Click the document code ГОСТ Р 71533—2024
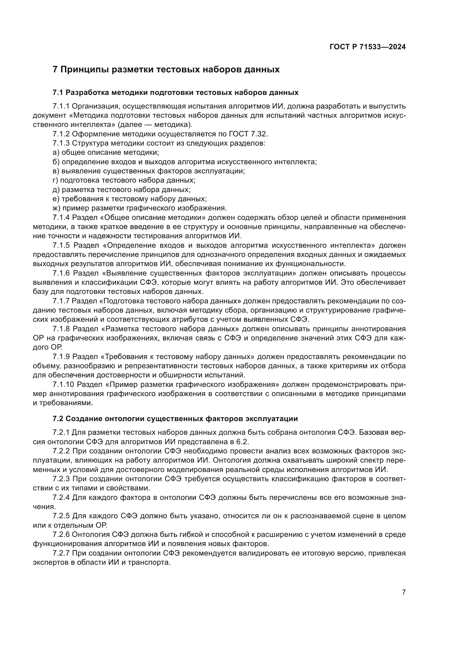click(368, 47)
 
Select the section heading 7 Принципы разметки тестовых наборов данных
click(166, 70)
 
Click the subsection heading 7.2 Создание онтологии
click(175, 419)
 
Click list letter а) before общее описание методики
click(56, 153)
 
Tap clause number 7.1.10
click(64, 384)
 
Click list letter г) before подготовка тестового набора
click(55, 180)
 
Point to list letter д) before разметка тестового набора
click(56, 190)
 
